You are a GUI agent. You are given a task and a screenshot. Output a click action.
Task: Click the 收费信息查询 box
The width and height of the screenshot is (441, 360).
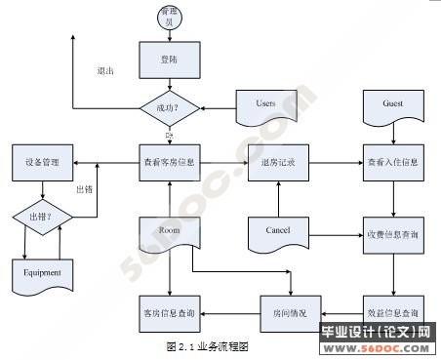pyautogui.click(x=393, y=235)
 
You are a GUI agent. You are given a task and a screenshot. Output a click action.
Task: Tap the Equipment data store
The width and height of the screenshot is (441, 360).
pyautogui.click(x=42, y=272)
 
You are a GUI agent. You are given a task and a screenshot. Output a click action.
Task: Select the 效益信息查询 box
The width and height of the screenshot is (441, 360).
pyautogui.click(x=393, y=312)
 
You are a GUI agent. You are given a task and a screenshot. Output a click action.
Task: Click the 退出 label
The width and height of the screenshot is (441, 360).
pyautogui.click(x=105, y=71)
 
